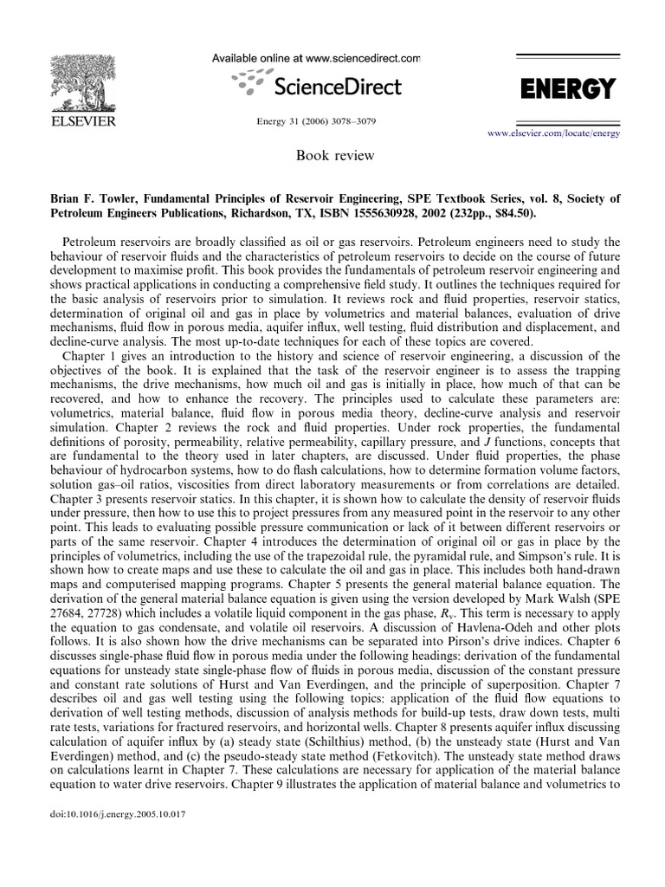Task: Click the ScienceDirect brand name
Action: [x=337, y=87]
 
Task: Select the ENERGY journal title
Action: [x=567, y=88]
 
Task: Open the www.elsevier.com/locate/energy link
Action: [x=559, y=135]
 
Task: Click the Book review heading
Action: [x=323, y=156]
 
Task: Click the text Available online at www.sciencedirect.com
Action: [x=316, y=58]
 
